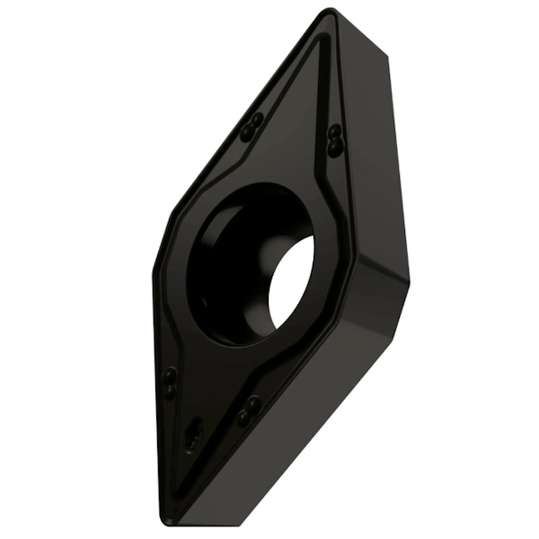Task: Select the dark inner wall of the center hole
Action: click(x=225, y=261)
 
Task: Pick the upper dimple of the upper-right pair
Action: click(x=333, y=130)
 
